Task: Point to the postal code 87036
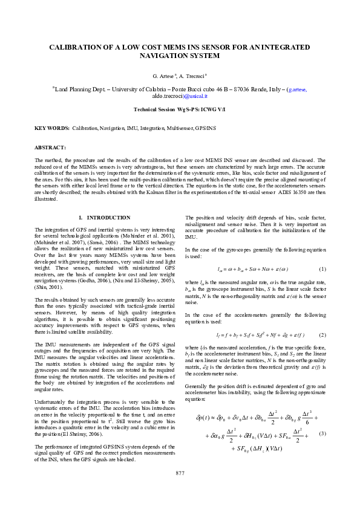click(x=230, y=89)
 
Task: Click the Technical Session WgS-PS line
click(x=180, y=109)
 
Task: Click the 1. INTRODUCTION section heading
click(x=105, y=217)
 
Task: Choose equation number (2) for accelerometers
click(x=322, y=335)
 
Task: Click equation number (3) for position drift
click(x=322, y=434)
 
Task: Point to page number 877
click(x=180, y=489)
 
